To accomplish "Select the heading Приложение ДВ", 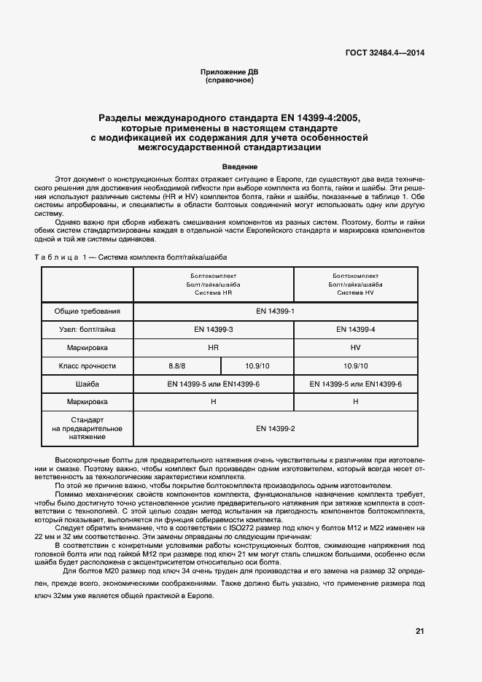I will (x=230, y=72).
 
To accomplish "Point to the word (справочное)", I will (x=230, y=80).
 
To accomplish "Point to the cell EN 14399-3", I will (x=213, y=330).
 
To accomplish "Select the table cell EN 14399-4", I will (x=356, y=330).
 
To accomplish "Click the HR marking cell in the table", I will (x=213, y=348).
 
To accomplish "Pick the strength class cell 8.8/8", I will (x=177, y=366).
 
